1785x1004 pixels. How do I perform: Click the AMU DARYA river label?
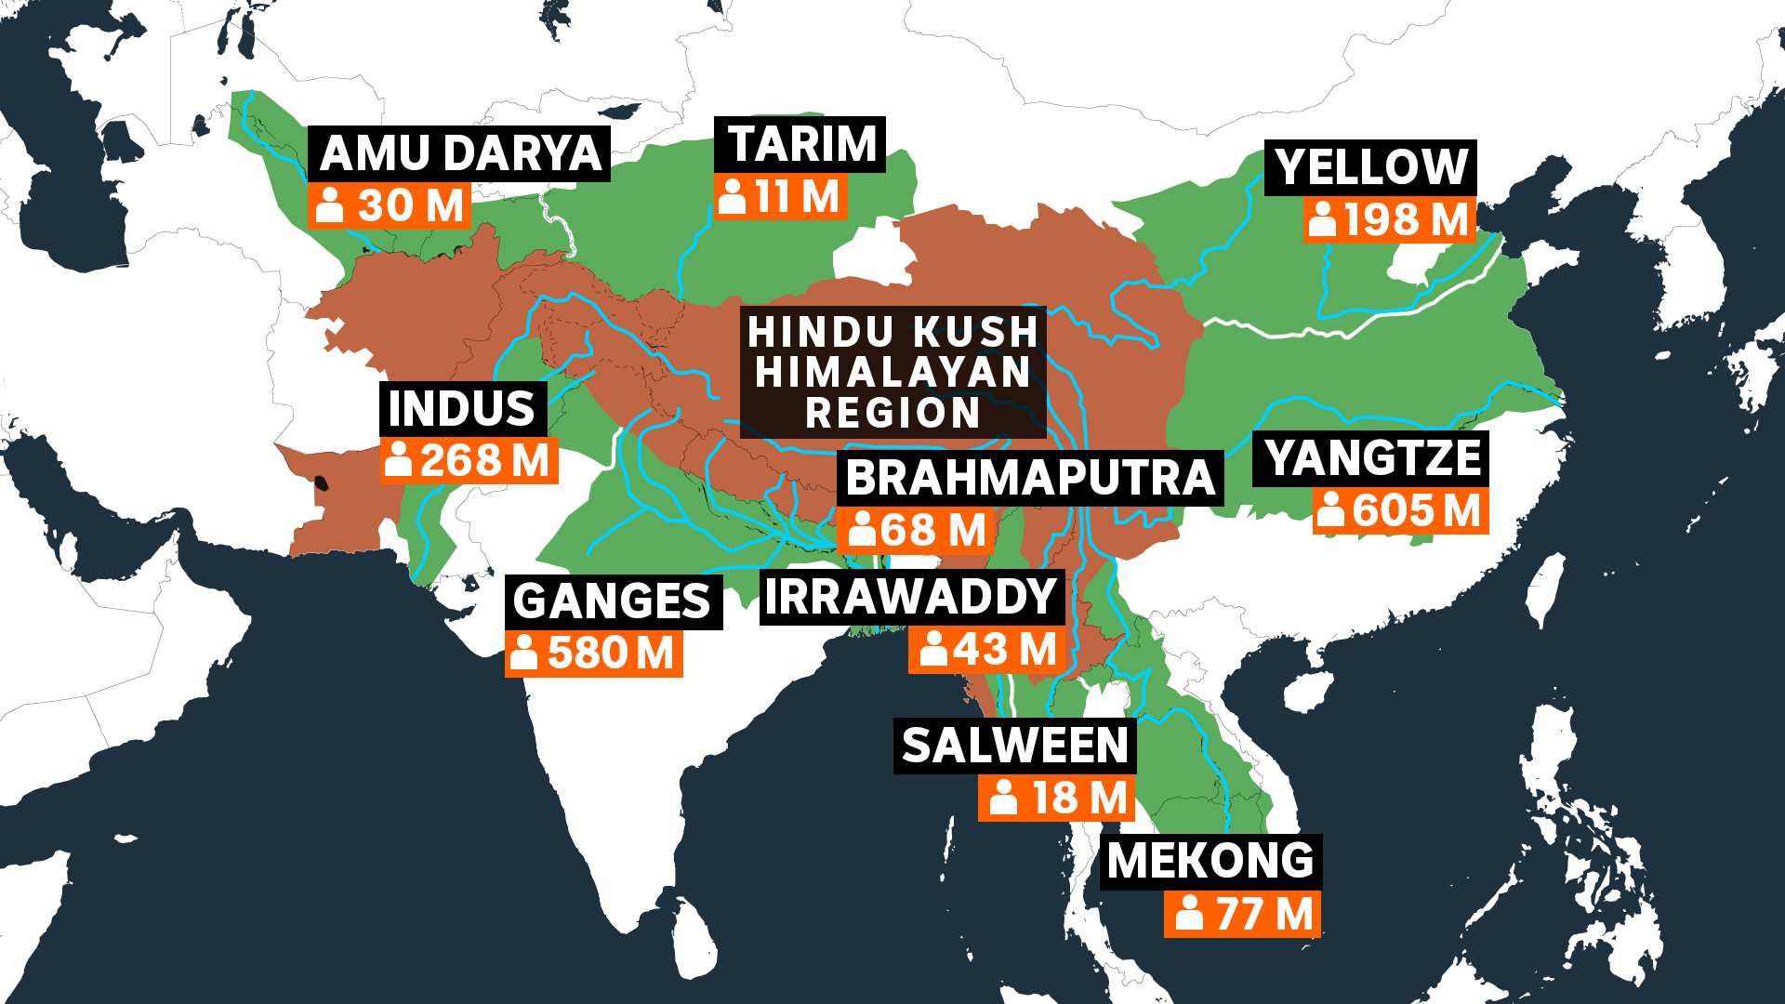[x=460, y=153]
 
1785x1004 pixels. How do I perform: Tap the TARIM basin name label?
[x=801, y=144]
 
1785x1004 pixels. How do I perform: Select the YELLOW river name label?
[x=1371, y=167]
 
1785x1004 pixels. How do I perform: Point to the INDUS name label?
[x=462, y=409]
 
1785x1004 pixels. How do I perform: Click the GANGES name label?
[x=612, y=601]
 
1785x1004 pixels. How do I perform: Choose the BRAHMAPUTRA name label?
[x=1030, y=478]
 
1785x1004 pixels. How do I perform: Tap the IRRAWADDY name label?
[x=911, y=597]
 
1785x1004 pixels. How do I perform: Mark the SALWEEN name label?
[x=1014, y=746]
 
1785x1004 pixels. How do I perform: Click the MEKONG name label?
[x=1210, y=861]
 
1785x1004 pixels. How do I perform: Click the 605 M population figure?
[x=1415, y=511]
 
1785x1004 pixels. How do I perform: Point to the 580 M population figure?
[x=610, y=654]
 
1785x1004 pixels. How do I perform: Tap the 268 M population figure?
[x=483, y=461]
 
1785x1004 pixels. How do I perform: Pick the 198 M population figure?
[x=1405, y=220]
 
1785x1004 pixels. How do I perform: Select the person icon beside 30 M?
[x=330, y=205]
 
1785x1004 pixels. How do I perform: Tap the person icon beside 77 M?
[x=1189, y=914]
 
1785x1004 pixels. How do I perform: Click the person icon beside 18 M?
[x=1004, y=798]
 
